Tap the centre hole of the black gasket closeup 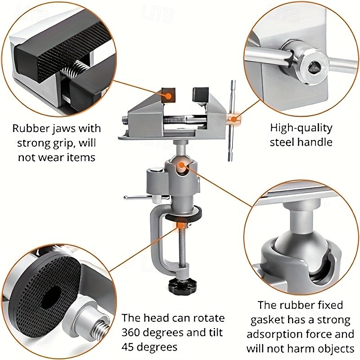[53, 297]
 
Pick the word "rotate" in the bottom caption [207, 318]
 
